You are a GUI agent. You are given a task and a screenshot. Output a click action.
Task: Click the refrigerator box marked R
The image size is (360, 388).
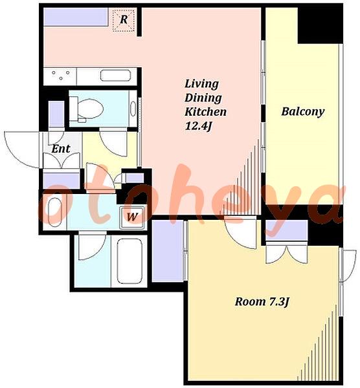[124, 20]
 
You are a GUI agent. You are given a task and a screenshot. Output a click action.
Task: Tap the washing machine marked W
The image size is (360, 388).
[132, 217]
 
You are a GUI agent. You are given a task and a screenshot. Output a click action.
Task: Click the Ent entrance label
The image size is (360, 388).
[61, 149]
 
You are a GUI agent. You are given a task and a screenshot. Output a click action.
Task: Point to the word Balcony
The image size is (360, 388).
[303, 112]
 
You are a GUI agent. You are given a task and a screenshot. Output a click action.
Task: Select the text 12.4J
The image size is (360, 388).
[199, 127]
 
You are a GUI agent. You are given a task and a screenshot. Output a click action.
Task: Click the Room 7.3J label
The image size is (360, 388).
[262, 302]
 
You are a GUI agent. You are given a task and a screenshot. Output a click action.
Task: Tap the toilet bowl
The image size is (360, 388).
[87, 109]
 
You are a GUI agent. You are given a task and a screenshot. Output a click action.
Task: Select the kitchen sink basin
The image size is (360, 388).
[115, 75]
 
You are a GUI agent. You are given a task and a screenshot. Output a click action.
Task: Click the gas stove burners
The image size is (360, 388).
[60, 75]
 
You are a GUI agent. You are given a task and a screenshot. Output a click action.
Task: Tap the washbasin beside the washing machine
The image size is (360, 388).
[54, 212]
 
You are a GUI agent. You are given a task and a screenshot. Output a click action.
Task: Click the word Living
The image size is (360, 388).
[201, 84]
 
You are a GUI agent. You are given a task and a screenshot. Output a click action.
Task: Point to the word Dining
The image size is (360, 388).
[203, 98]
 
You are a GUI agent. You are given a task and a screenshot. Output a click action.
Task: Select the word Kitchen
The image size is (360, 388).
[205, 112]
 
